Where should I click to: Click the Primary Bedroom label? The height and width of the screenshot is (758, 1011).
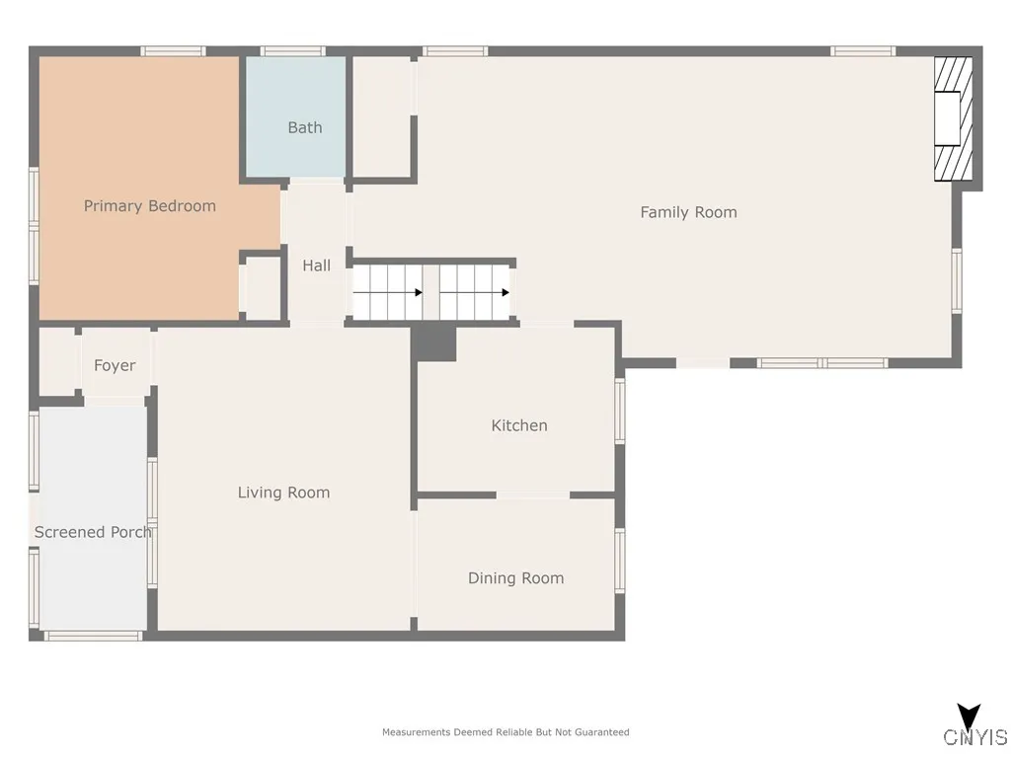point(149,206)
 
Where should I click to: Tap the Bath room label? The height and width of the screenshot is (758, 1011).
point(304,127)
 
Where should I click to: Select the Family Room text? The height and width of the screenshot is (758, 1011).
point(688,212)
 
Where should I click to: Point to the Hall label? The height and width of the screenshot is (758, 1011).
point(316,265)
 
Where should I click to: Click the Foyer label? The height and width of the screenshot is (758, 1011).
point(115,365)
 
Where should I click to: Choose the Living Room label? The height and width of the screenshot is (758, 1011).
point(283,493)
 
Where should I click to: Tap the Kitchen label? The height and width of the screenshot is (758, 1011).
point(519,425)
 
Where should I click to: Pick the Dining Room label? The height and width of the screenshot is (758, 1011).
point(515,578)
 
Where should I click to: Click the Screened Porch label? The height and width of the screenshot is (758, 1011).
point(93,532)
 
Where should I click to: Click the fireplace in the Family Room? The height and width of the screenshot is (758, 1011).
point(953,119)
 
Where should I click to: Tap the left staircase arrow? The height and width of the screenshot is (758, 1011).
point(418,292)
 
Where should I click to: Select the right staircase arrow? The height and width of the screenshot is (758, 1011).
point(504,292)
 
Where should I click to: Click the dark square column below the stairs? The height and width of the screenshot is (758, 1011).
point(433,343)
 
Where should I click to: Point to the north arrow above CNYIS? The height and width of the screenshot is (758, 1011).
point(969,716)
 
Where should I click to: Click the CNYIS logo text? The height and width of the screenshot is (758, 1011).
point(974,738)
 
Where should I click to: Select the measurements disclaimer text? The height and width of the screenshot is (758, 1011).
point(505,732)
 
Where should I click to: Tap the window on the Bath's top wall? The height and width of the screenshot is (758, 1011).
point(293,51)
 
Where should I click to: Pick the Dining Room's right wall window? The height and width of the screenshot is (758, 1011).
point(620,561)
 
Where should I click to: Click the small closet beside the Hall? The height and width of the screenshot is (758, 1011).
point(263,288)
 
